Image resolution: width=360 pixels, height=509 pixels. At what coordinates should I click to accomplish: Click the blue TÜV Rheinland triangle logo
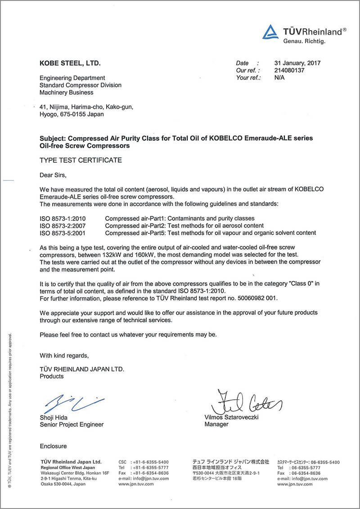click(x=271, y=32)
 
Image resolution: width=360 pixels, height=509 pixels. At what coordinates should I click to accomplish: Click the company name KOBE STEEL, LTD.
click(x=70, y=63)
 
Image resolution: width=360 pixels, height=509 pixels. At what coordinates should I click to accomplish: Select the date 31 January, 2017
click(x=297, y=63)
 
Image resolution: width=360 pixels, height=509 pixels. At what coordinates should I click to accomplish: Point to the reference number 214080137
click(x=289, y=71)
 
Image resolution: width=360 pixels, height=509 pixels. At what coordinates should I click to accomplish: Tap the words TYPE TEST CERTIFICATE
click(x=81, y=160)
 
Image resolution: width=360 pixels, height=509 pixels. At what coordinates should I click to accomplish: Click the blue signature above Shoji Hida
click(x=72, y=402)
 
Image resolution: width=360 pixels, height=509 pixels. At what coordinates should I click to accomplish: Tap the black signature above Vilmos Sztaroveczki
click(x=245, y=402)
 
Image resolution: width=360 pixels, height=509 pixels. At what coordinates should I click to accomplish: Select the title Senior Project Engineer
click(x=72, y=424)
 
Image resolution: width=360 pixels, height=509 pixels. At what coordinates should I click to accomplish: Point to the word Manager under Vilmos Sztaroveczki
click(x=216, y=424)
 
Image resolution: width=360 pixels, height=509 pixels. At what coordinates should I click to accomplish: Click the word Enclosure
click(x=53, y=446)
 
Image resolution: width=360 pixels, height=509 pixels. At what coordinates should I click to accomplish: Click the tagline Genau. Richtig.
click(x=304, y=41)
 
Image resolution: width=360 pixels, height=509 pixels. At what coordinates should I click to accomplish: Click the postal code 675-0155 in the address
click(x=76, y=114)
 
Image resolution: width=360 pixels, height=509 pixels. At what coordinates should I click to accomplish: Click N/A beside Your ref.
click(x=279, y=78)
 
